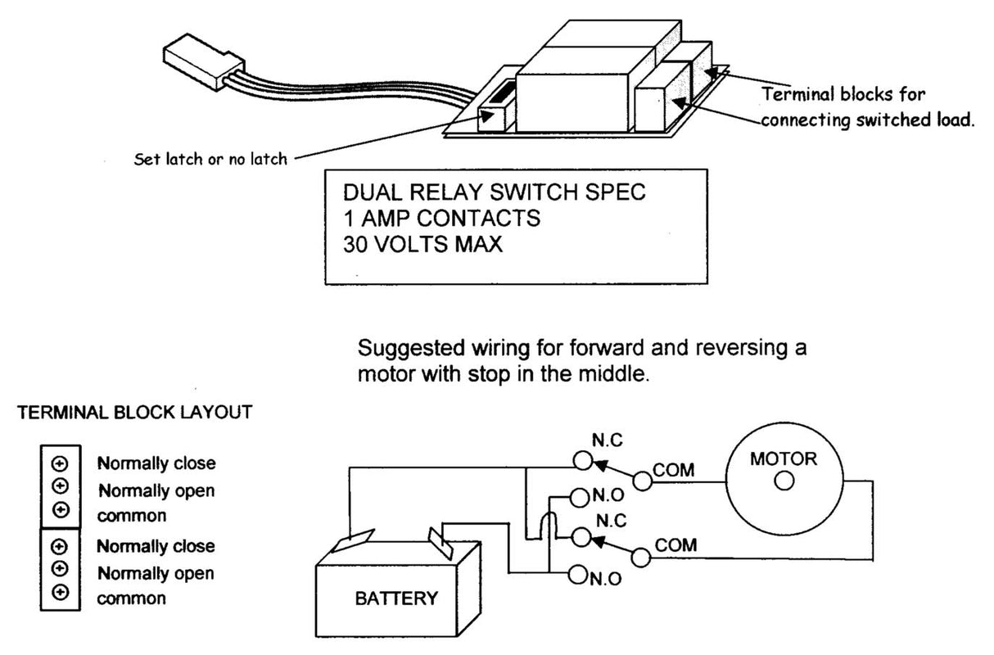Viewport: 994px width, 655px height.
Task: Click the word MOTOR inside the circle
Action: (784, 458)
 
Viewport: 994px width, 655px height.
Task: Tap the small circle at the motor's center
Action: (784, 481)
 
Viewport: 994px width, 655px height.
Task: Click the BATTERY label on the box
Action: (396, 598)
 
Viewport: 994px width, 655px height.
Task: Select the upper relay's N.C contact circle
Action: (582, 461)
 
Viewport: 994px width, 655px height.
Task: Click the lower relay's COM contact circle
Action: (642, 557)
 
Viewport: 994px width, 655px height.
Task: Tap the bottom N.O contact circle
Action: (576, 576)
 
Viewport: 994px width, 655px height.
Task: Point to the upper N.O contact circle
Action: (577, 496)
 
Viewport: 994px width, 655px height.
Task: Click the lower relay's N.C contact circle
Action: (582, 536)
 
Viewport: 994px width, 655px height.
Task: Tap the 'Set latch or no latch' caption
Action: (210, 159)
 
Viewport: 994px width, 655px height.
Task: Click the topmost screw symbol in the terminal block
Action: (59, 463)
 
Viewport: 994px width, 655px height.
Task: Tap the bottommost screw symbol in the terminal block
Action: (59, 591)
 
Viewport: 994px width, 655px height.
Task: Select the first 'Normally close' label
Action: (156, 463)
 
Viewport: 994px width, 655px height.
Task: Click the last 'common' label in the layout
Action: (132, 599)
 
